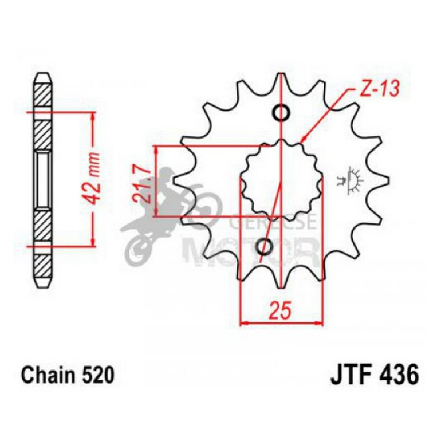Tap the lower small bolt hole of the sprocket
tap(265, 247)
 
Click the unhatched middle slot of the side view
tap(44, 180)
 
